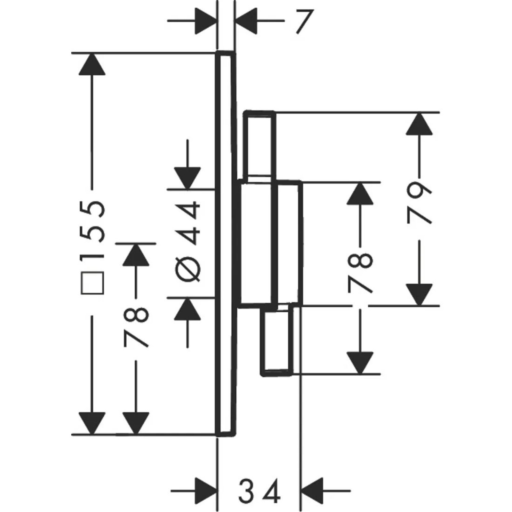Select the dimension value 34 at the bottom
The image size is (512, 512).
coord(260,490)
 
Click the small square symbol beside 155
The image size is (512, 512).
coord(92,284)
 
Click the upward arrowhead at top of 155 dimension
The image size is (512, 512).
coord(92,64)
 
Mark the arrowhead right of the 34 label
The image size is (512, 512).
coord(314,490)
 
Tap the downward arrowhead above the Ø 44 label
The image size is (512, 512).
coord(188,178)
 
